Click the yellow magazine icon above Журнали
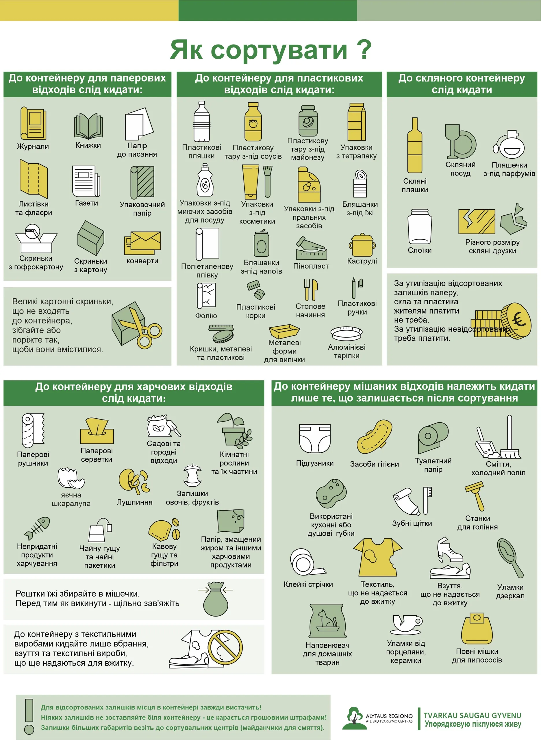[x=33, y=123]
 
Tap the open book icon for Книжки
[x=88, y=126]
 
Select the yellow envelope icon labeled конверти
[x=142, y=243]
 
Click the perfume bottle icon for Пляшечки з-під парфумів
[x=509, y=145]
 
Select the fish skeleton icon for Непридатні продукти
[x=37, y=528]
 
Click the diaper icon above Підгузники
[x=315, y=438]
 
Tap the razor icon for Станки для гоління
[x=475, y=496]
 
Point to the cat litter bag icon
[x=327, y=621]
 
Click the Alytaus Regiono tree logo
[x=353, y=718]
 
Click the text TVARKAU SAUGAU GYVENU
[x=472, y=715]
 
